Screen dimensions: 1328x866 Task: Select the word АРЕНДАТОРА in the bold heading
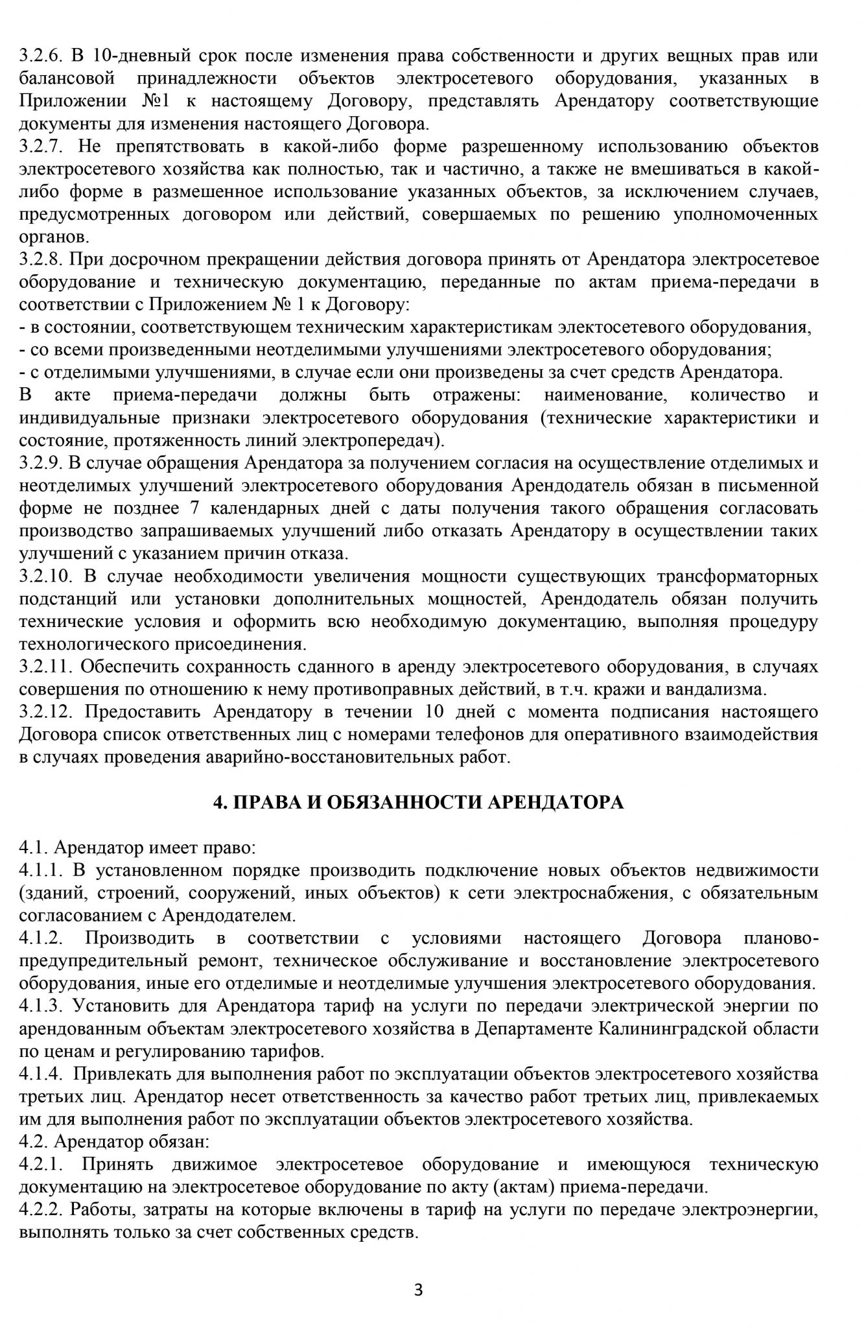[556, 803]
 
